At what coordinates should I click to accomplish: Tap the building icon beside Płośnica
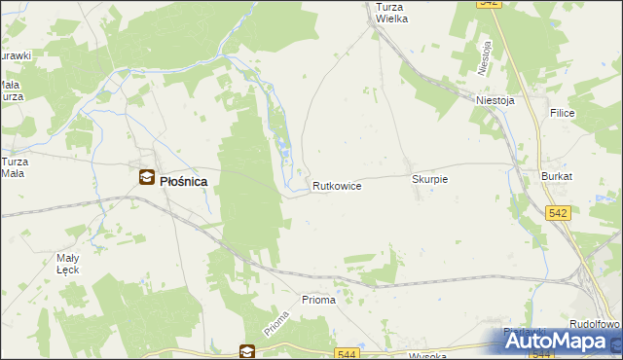(x=146, y=177)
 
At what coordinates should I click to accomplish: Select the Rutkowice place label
(x=338, y=185)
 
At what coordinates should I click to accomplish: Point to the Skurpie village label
(x=429, y=180)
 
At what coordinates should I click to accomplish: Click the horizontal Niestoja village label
(x=494, y=99)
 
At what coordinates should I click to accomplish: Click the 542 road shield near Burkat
(x=558, y=212)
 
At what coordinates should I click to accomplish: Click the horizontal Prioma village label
(x=318, y=300)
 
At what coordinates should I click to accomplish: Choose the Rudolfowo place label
(x=595, y=324)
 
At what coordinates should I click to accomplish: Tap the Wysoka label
(x=427, y=355)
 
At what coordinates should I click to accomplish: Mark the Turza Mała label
(x=14, y=167)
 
